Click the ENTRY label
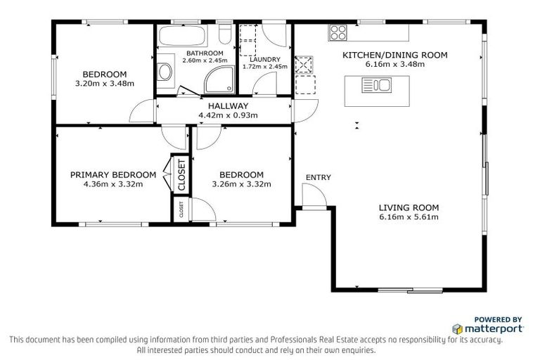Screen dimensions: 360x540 (318, 177)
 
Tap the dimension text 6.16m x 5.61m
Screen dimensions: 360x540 (409, 217)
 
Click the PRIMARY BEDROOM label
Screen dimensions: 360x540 (112, 175)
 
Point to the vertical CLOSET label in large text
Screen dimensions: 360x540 (181, 175)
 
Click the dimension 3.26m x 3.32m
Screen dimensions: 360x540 (241, 185)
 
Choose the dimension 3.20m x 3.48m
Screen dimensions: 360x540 (105, 84)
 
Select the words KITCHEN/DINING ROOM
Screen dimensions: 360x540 (394, 55)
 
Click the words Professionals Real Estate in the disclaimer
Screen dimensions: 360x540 (295, 340)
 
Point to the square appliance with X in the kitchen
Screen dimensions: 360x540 (303, 65)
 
